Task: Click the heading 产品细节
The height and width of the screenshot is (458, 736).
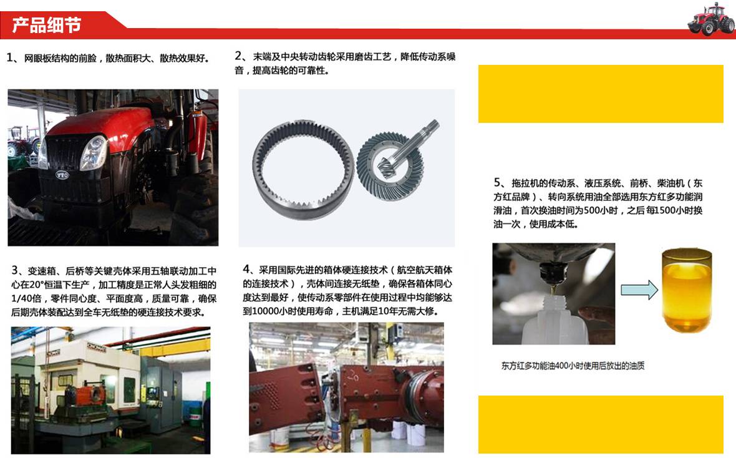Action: point(47,25)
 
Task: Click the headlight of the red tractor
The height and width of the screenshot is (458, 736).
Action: point(94,152)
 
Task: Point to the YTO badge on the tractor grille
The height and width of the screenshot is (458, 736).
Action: point(62,175)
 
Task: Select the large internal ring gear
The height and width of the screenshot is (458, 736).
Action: point(303,169)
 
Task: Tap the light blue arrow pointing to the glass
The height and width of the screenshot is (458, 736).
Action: point(639,290)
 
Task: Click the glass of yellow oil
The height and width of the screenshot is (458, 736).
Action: point(687,290)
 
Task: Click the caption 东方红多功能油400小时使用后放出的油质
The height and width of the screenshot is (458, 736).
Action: point(573,366)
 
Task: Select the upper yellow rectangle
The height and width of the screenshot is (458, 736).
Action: point(601,94)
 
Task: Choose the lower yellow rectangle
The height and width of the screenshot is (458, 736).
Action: point(601,424)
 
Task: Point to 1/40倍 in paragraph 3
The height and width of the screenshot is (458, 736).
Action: point(26,299)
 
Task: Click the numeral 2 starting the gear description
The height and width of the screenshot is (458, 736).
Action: point(238,56)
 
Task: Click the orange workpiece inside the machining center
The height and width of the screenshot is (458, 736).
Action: point(89,396)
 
